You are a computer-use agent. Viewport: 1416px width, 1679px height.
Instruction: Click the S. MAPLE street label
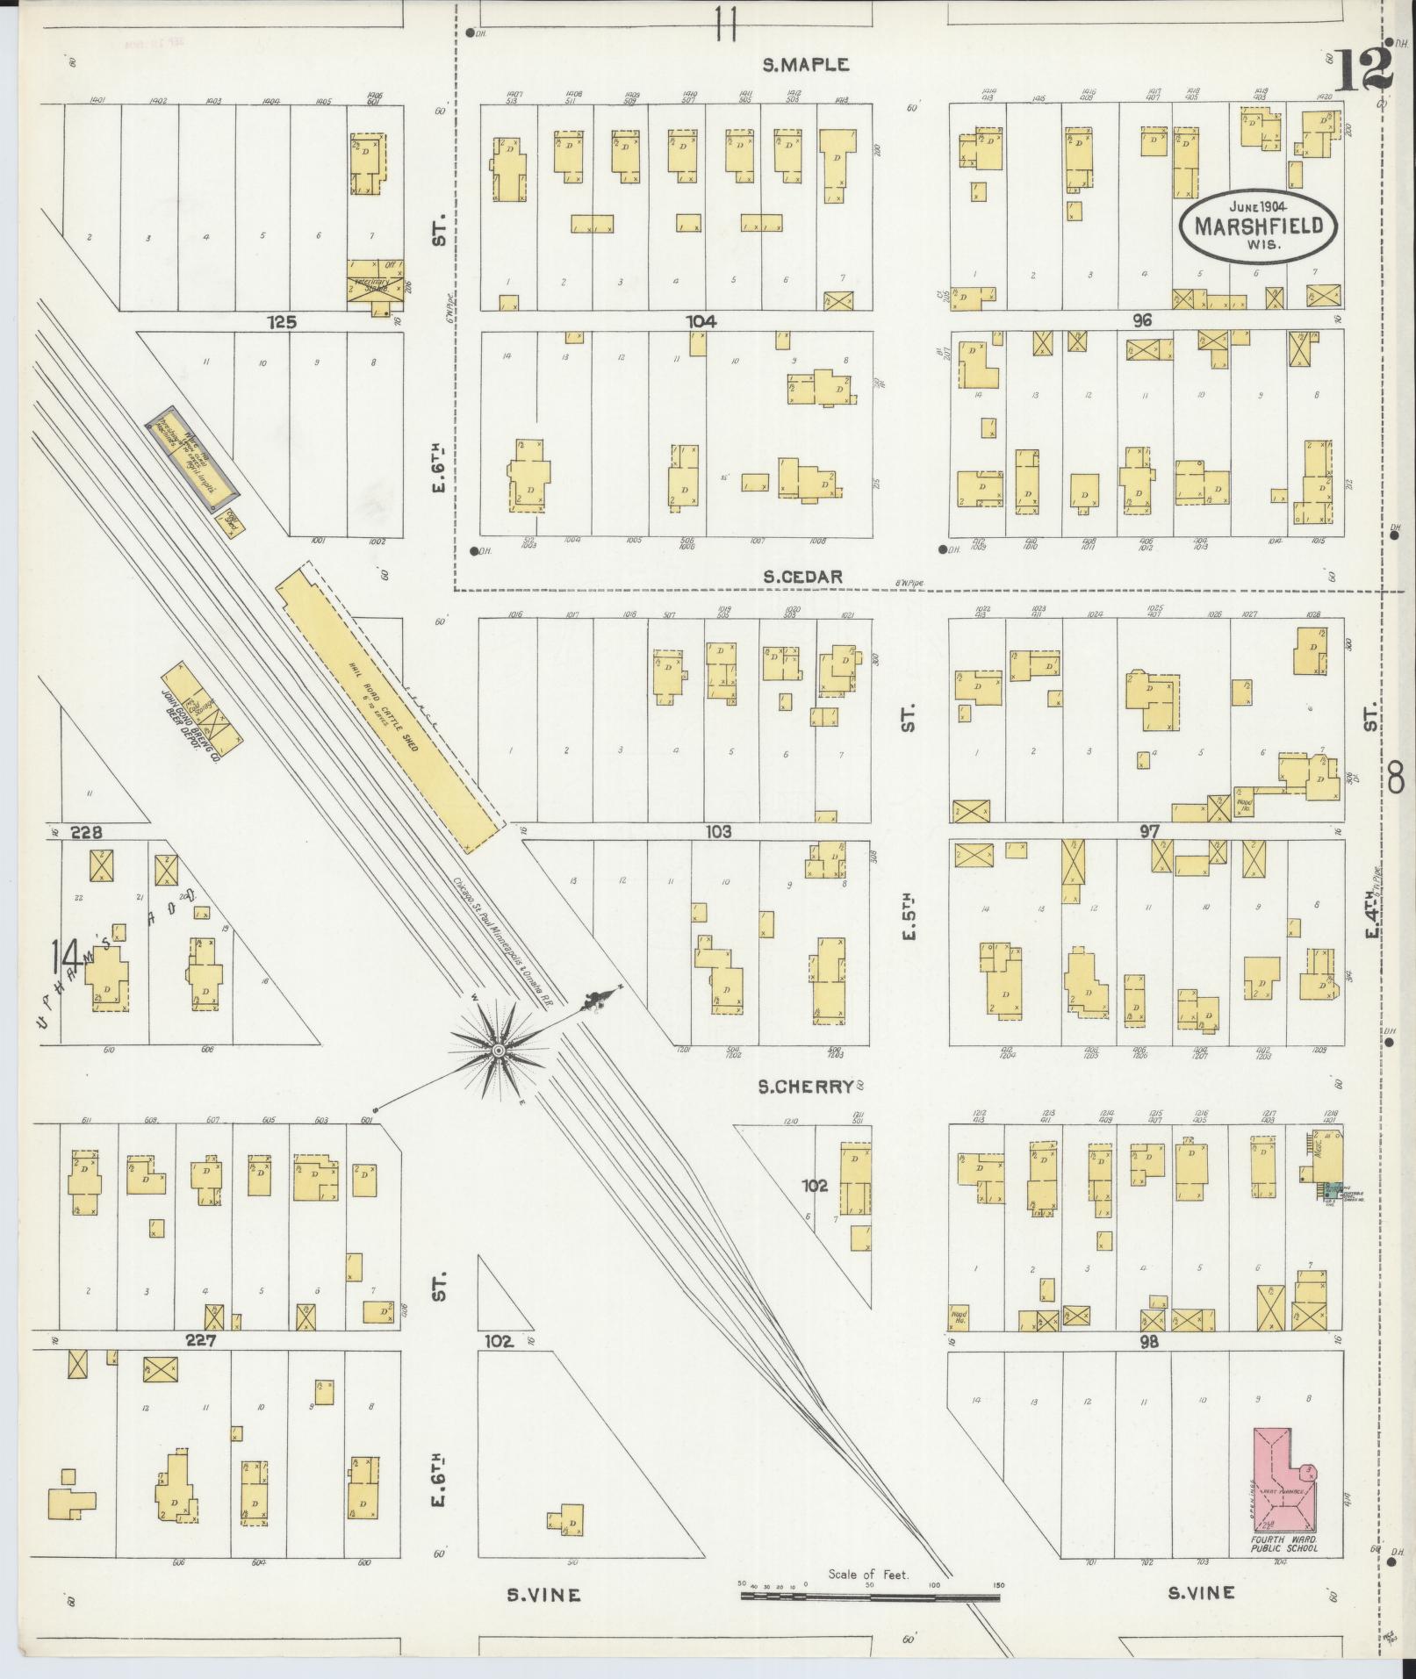805,64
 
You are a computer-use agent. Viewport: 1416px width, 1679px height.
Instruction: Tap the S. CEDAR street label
801,577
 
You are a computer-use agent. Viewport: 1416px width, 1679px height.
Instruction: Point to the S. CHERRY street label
806,1087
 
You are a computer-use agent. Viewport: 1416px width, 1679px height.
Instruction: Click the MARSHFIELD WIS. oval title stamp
1258,226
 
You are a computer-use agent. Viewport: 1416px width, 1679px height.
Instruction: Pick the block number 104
701,321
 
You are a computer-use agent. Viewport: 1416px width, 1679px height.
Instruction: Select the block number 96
1141,320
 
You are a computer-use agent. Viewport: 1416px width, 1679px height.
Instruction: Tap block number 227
201,1340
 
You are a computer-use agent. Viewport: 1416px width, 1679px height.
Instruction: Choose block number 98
1148,1341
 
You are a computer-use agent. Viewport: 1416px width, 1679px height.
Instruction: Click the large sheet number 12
1365,69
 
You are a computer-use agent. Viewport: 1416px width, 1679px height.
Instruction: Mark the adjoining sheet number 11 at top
725,24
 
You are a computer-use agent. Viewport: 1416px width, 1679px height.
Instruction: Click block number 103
717,831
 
